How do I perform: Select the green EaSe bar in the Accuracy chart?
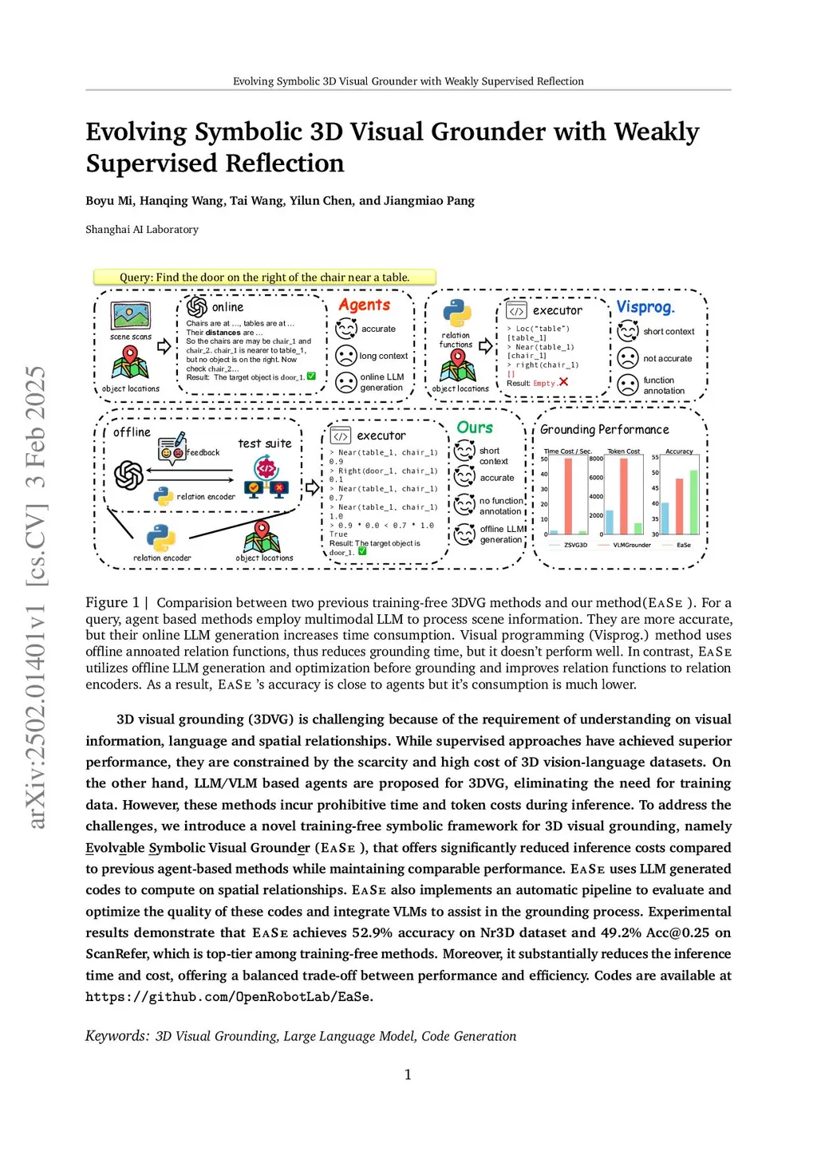pos(693,503)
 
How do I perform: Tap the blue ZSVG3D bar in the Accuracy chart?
pos(665,518)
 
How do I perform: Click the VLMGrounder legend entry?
pos(632,545)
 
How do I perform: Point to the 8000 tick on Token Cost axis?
pos(596,459)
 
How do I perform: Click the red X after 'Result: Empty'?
pos(563,382)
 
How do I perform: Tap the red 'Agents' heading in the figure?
pos(364,305)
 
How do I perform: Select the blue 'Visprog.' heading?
pos(645,307)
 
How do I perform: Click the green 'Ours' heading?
pos(475,428)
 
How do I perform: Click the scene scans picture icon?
pos(131,316)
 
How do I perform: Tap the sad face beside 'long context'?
pos(346,356)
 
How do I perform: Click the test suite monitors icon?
pos(266,479)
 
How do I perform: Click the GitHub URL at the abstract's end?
pos(229,996)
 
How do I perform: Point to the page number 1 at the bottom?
pos(408,1074)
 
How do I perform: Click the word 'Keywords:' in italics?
pos(117,1036)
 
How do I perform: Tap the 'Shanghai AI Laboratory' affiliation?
pos(142,229)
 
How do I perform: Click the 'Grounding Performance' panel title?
pos(604,429)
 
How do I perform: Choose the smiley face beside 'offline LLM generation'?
pos(464,534)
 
